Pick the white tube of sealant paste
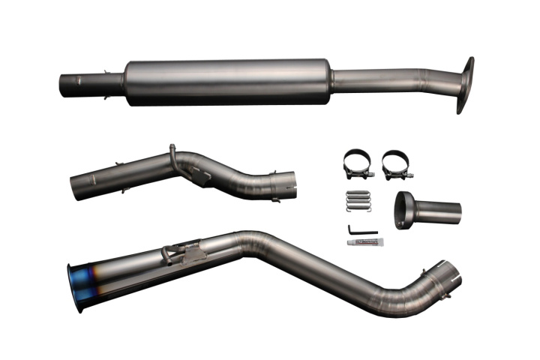coord(362,241)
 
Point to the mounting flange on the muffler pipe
coord(465,85)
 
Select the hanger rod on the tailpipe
coord(171,251)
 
